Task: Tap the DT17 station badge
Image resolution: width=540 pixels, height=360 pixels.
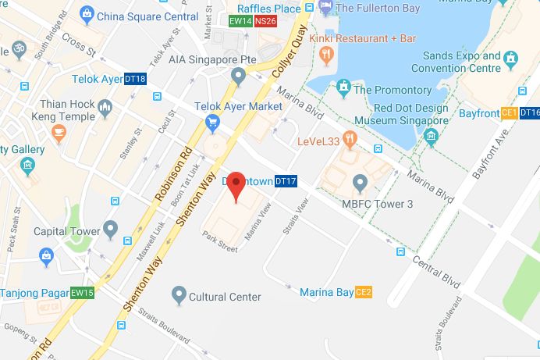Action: pyautogui.click(x=286, y=182)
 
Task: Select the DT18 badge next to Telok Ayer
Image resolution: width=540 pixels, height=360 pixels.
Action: pyautogui.click(x=136, y=79)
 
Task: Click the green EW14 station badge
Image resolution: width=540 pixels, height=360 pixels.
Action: pyautogui.click(x=240, y=21)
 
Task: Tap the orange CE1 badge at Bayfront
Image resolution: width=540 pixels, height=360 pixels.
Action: pyautogui.click(x=510, y=113)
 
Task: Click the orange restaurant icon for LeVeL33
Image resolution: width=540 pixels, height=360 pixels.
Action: pyautogui.click(x=350, y=141)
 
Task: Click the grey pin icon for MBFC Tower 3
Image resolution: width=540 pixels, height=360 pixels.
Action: pyautogui.click(x=360, y=184)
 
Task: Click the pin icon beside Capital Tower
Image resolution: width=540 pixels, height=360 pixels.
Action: pyautogui.click(x=111, y=230)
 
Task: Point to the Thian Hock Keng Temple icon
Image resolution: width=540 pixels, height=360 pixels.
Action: pyautogui.click(x=105, y=107)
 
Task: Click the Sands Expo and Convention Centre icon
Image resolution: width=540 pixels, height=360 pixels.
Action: pyautogui.click(x=510, y=58)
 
